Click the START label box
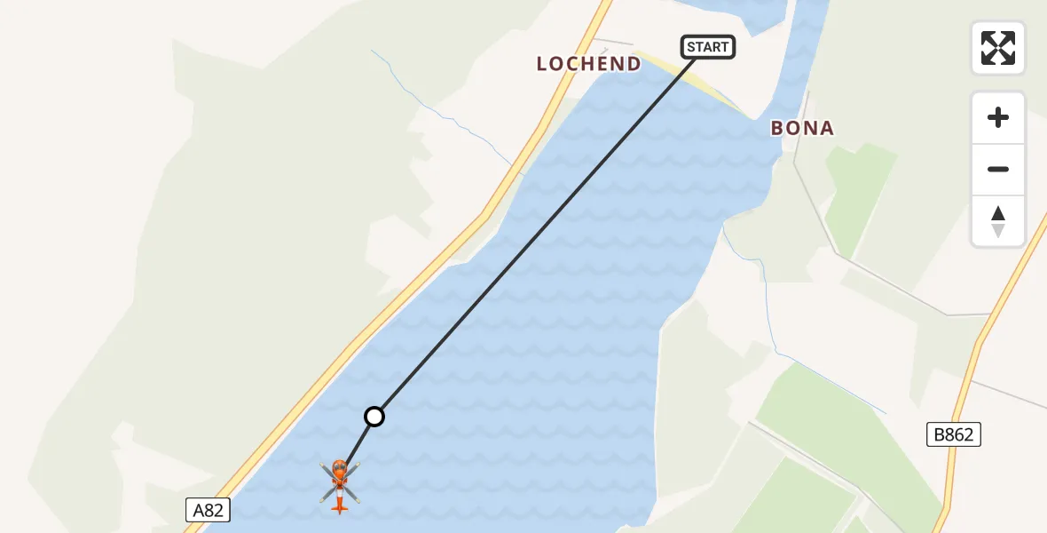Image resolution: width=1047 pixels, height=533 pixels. click(708, 47)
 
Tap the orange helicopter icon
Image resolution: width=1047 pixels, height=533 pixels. click(340, 484)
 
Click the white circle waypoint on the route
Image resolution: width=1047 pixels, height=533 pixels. click(374, 416)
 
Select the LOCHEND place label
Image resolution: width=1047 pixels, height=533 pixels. click(588, 64)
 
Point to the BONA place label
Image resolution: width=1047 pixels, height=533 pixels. click(802, 128)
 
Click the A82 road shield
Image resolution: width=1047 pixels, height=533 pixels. click(208, 510)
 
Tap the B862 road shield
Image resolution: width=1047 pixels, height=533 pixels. click(954, 434)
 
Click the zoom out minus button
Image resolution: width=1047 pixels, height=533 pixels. click(998, 169)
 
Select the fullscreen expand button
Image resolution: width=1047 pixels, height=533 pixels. click(998, 48)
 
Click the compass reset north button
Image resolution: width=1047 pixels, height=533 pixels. click(998, 220)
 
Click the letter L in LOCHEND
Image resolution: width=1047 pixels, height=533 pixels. click(542, 64)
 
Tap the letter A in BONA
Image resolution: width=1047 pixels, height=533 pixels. click(827, 128)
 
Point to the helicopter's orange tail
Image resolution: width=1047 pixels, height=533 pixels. click(339, 506)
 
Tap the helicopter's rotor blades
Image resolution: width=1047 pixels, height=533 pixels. click(329, 471)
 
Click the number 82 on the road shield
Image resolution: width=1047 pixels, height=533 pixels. click(215, 510)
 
